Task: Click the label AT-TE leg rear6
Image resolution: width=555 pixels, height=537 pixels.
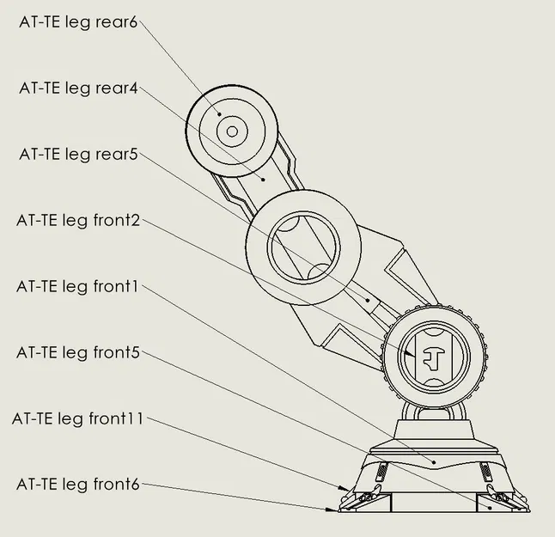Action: click(x=78, y=22)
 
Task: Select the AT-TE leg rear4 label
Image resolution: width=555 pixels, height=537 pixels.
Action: click(x=78, y=88)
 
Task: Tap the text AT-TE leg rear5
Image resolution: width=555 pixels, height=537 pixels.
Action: click(x=78, y=154)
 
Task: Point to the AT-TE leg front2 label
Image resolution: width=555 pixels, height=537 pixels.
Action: click(x=77, y=220)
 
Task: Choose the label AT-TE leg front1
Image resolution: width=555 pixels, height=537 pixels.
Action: click(x=77, y=286)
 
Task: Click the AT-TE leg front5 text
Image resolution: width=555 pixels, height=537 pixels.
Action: click(x=77, y=352)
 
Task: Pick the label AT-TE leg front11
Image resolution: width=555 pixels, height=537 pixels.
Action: click(x=77, y=418)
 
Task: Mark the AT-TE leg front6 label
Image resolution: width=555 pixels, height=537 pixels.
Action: click(x=77, y=485)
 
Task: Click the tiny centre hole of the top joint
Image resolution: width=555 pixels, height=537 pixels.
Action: click(x=231, y=132)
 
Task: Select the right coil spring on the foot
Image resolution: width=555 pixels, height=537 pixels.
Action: click(x=485, y=471)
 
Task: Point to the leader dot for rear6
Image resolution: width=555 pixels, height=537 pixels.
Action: click(x=220, y=115)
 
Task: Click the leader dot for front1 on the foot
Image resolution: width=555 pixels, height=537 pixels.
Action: click(x=435, y=462)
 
